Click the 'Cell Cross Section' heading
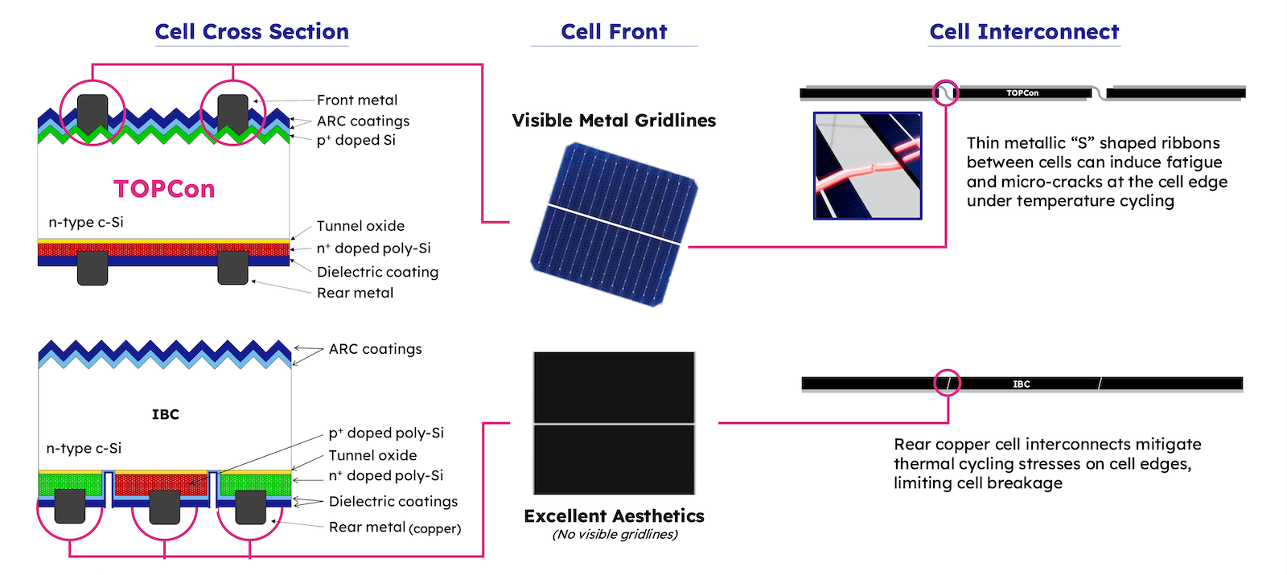pos(252,31)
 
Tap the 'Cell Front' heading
pos(614,31)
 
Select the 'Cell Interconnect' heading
pos(1024,31)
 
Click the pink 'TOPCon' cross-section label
pos(164,189)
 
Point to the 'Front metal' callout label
pos(357,100)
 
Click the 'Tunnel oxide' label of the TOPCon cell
pos(360,226)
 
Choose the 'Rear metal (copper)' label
pos(395,528)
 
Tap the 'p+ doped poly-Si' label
pos(386,433)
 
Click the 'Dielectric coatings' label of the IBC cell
pos(393,502)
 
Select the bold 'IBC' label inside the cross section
pos(166,414)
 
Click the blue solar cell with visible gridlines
pos(614,224)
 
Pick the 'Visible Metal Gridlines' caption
pos(614,121)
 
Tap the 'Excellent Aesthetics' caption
pos(614,515)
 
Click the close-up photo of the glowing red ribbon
pos(868,166)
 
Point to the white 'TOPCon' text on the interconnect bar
pos(1022,93)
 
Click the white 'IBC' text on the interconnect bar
pos(1021,384)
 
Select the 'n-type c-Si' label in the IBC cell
pos(84,448)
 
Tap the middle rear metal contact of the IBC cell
pos(164,507)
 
